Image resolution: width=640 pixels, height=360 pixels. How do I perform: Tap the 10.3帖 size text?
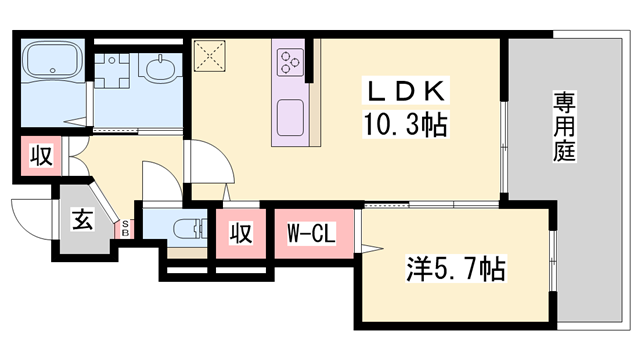(405, 126)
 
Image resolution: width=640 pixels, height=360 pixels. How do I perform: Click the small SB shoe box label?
(126, 229)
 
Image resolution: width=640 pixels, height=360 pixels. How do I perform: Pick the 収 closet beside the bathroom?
(41, 157)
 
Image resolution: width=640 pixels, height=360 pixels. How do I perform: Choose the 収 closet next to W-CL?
(240, 233)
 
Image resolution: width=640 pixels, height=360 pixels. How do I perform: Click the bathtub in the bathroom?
(51, 63)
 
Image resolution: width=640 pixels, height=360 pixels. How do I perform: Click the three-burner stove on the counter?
(291, 62)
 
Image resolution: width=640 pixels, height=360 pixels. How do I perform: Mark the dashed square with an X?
(212, 57)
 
